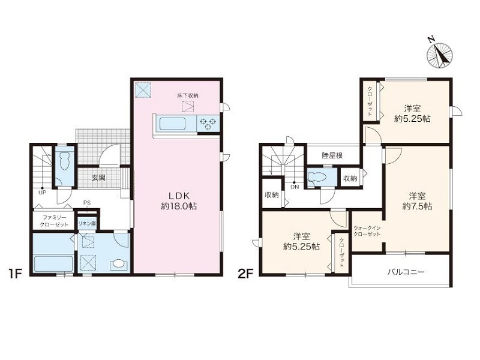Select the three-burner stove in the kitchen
click(x=208, y=124)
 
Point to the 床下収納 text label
click(x=188, y=95)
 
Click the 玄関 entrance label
click(x=98, y=177)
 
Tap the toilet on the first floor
click(x=65, y=161)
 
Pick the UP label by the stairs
click(x=42, y=193)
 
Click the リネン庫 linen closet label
click(x=87, y=224)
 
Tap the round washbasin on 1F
click(x=118, y=264)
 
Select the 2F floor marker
click(x=245, y=274)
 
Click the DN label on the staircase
click(x=295, y=187)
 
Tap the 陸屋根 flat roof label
click(x=332, y=155)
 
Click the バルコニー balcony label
click(x=406, y=272)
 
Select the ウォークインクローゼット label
click(x=367, y=231)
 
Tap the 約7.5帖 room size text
click(x=417, y=206)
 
